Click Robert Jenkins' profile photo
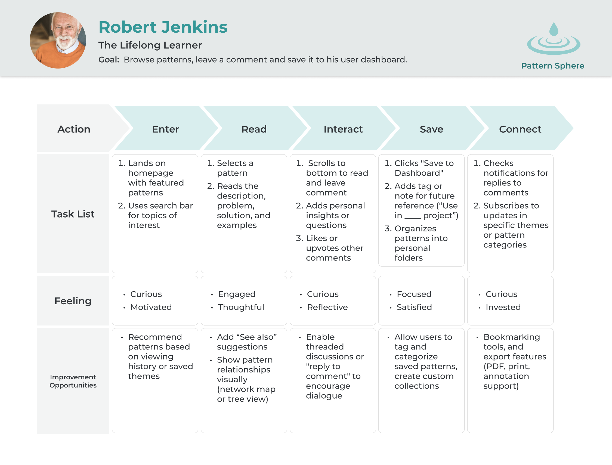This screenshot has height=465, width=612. [58, 41]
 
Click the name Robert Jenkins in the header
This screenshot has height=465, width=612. [163, 27]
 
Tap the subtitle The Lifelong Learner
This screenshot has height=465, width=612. [150, 45]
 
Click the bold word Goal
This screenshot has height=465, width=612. [109, 60]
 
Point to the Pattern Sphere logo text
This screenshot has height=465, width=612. [552, 66]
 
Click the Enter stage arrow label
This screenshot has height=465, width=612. [166, 129]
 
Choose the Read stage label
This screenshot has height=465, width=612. [254, 129]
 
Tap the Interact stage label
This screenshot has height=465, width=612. [343, 129]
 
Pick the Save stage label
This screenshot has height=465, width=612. [431, 129]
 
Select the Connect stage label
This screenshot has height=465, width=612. [520, 129]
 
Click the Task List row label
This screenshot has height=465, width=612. [73, 214]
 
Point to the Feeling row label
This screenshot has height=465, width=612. [73, 301]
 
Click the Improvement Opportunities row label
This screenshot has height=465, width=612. [73, 381]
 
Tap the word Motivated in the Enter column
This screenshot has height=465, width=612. [151, 307]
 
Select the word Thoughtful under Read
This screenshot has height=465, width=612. [241, 307]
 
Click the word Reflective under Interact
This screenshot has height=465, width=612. [327, 307]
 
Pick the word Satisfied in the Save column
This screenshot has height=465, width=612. [414, 307]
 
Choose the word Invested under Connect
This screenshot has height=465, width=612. [503, 307]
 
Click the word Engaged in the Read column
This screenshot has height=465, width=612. [237, 294]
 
